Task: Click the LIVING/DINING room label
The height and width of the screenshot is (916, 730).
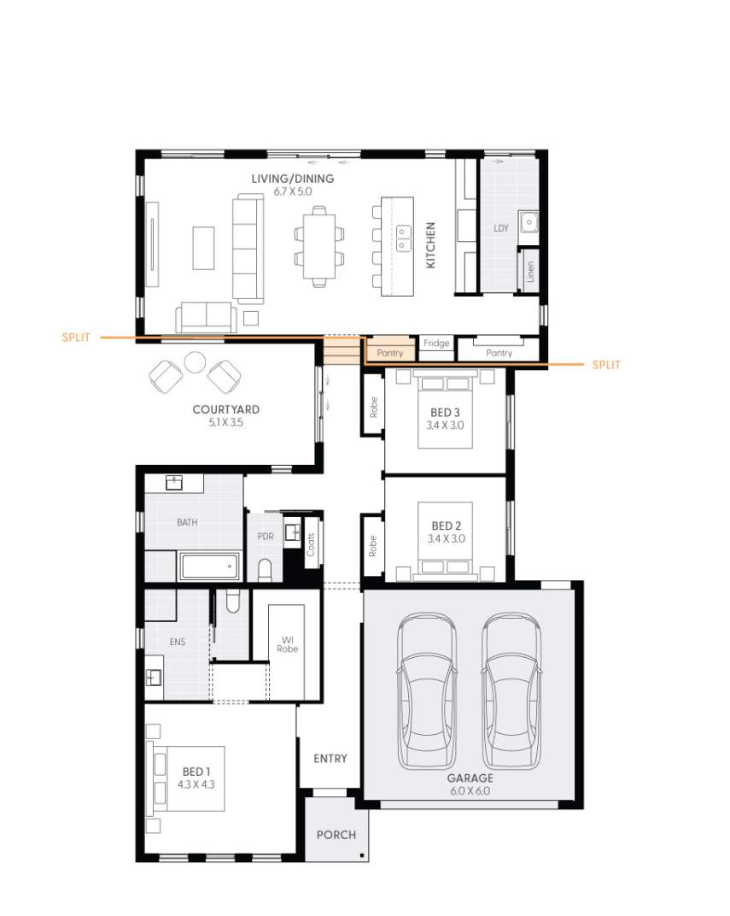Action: pos(292,179)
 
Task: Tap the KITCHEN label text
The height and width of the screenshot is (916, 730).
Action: pos(430,246)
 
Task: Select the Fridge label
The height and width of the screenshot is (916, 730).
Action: pos(436,343)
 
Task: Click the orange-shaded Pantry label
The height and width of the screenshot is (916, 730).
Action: pos(389,352)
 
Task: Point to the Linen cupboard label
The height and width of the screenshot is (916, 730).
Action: pos(530,272)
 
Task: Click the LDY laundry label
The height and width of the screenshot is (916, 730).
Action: pos(501,228)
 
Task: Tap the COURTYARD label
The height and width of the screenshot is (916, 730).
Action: pos(225,410)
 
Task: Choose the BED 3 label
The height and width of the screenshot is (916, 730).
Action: pos(446,413)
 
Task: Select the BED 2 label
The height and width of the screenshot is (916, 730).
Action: pos(446,526)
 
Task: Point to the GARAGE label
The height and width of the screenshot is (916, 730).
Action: pos(470,778)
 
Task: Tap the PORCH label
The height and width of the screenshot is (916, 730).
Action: pos(336,835)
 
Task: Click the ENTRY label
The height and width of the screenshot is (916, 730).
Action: pos(330,759)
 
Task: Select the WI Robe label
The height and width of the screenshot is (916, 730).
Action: pos(287,644)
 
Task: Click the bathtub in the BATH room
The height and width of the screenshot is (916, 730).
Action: pos(209,565)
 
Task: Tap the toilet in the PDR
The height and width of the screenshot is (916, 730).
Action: pos(264,568)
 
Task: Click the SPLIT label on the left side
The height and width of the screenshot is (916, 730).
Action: pos(76,338)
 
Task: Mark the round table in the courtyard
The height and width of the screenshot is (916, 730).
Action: pos(196,361)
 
